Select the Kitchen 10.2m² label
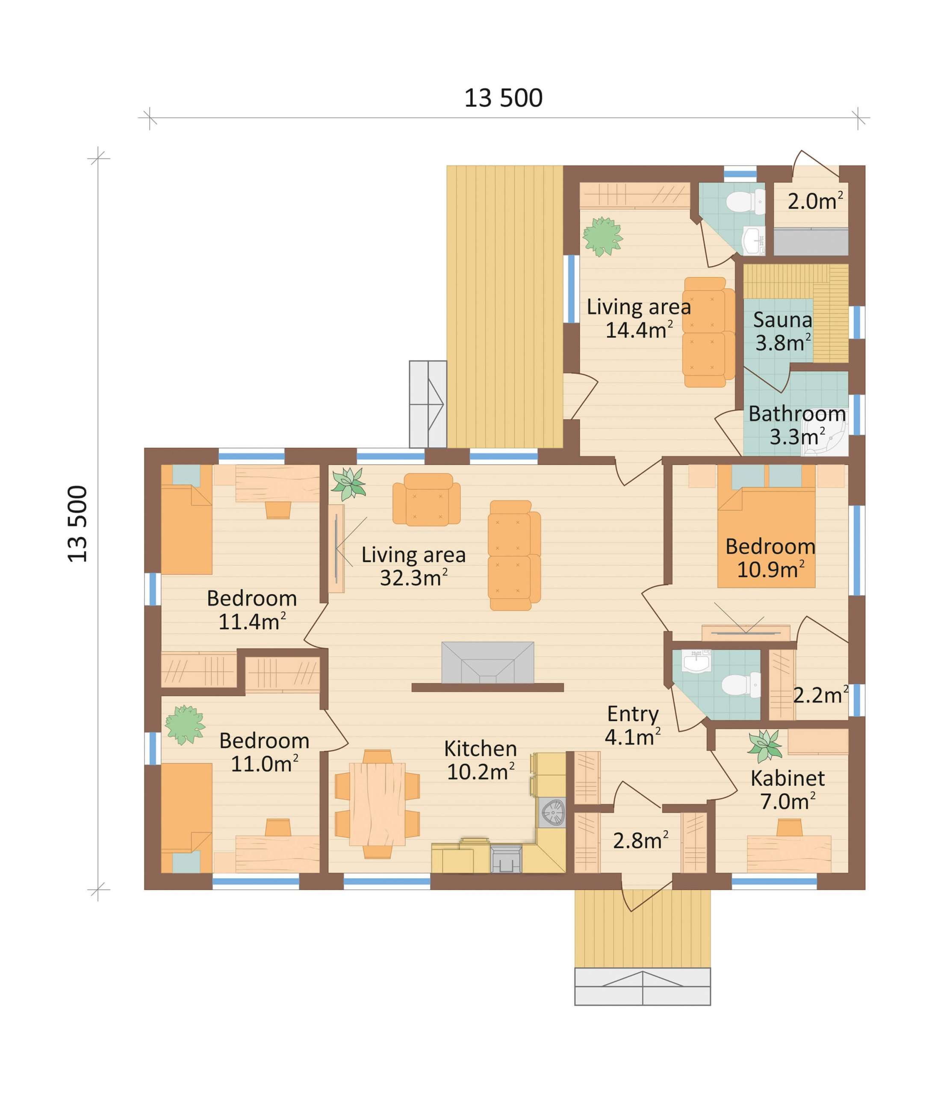coord(480,760)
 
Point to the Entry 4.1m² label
coord(632,725)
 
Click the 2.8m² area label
coord(640,840)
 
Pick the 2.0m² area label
coord(815,201)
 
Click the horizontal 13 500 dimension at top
coord(503,98)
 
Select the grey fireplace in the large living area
coord(487,663)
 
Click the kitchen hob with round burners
coord(552,812)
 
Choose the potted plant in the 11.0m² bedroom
coord(185,725)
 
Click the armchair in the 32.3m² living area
coord(426,499)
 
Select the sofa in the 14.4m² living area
coord(708,332)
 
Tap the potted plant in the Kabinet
coord(765,746)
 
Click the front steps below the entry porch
coord(642,986)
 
